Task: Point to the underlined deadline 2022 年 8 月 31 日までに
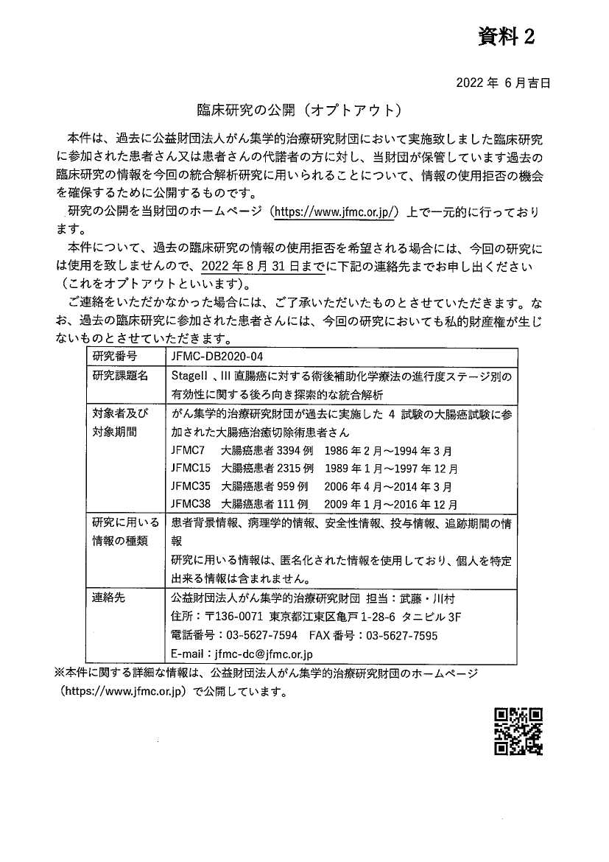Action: point(257,266)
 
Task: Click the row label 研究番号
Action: point(115,357)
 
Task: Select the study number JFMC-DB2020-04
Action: point(216,357)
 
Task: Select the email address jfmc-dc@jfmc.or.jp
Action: point(263,653)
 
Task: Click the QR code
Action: point(518,731)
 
